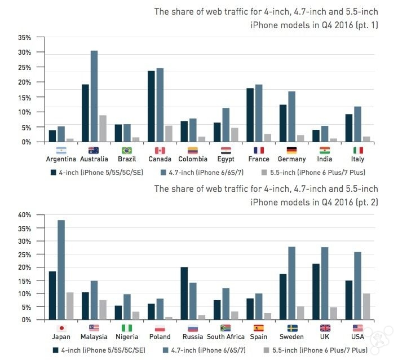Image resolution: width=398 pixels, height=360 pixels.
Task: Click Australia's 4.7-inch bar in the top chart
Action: (94, 96)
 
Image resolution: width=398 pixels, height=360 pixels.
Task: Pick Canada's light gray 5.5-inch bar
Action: (169, 134)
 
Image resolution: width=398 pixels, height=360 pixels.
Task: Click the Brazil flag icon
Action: (127, 151)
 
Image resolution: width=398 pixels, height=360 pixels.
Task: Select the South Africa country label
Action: (225, 337)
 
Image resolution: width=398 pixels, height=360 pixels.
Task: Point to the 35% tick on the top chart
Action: (24, 37)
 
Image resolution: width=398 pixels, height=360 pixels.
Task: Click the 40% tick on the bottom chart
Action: (24, 215)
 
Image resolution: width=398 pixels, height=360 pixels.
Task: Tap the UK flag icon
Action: (324, 328)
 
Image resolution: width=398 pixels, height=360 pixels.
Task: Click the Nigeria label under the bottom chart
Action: (127, 337)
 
